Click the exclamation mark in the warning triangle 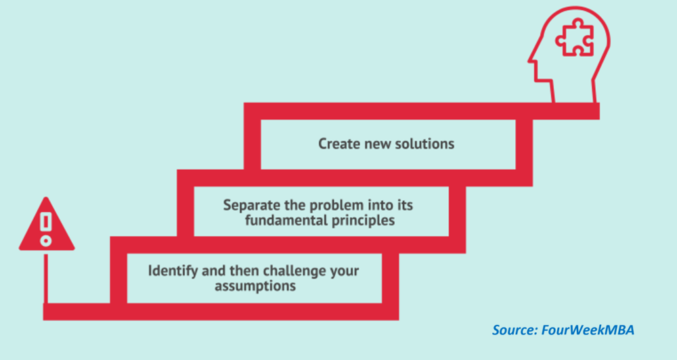pyautogui.click(x=46, y=229)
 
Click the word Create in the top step pyautogui.click(x=337, y=143)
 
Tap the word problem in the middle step pyautogui.click(x=331, y=205)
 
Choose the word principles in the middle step pyautogui.click(x=361, y=221)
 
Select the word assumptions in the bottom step pyautogui.click(x=255, y=286)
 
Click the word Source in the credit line pyautogui.click(x=513, y=330)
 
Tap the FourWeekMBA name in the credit pyautogui.click(x=587, y=330)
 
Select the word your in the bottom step pyautogui.click(x=345, y=271)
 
